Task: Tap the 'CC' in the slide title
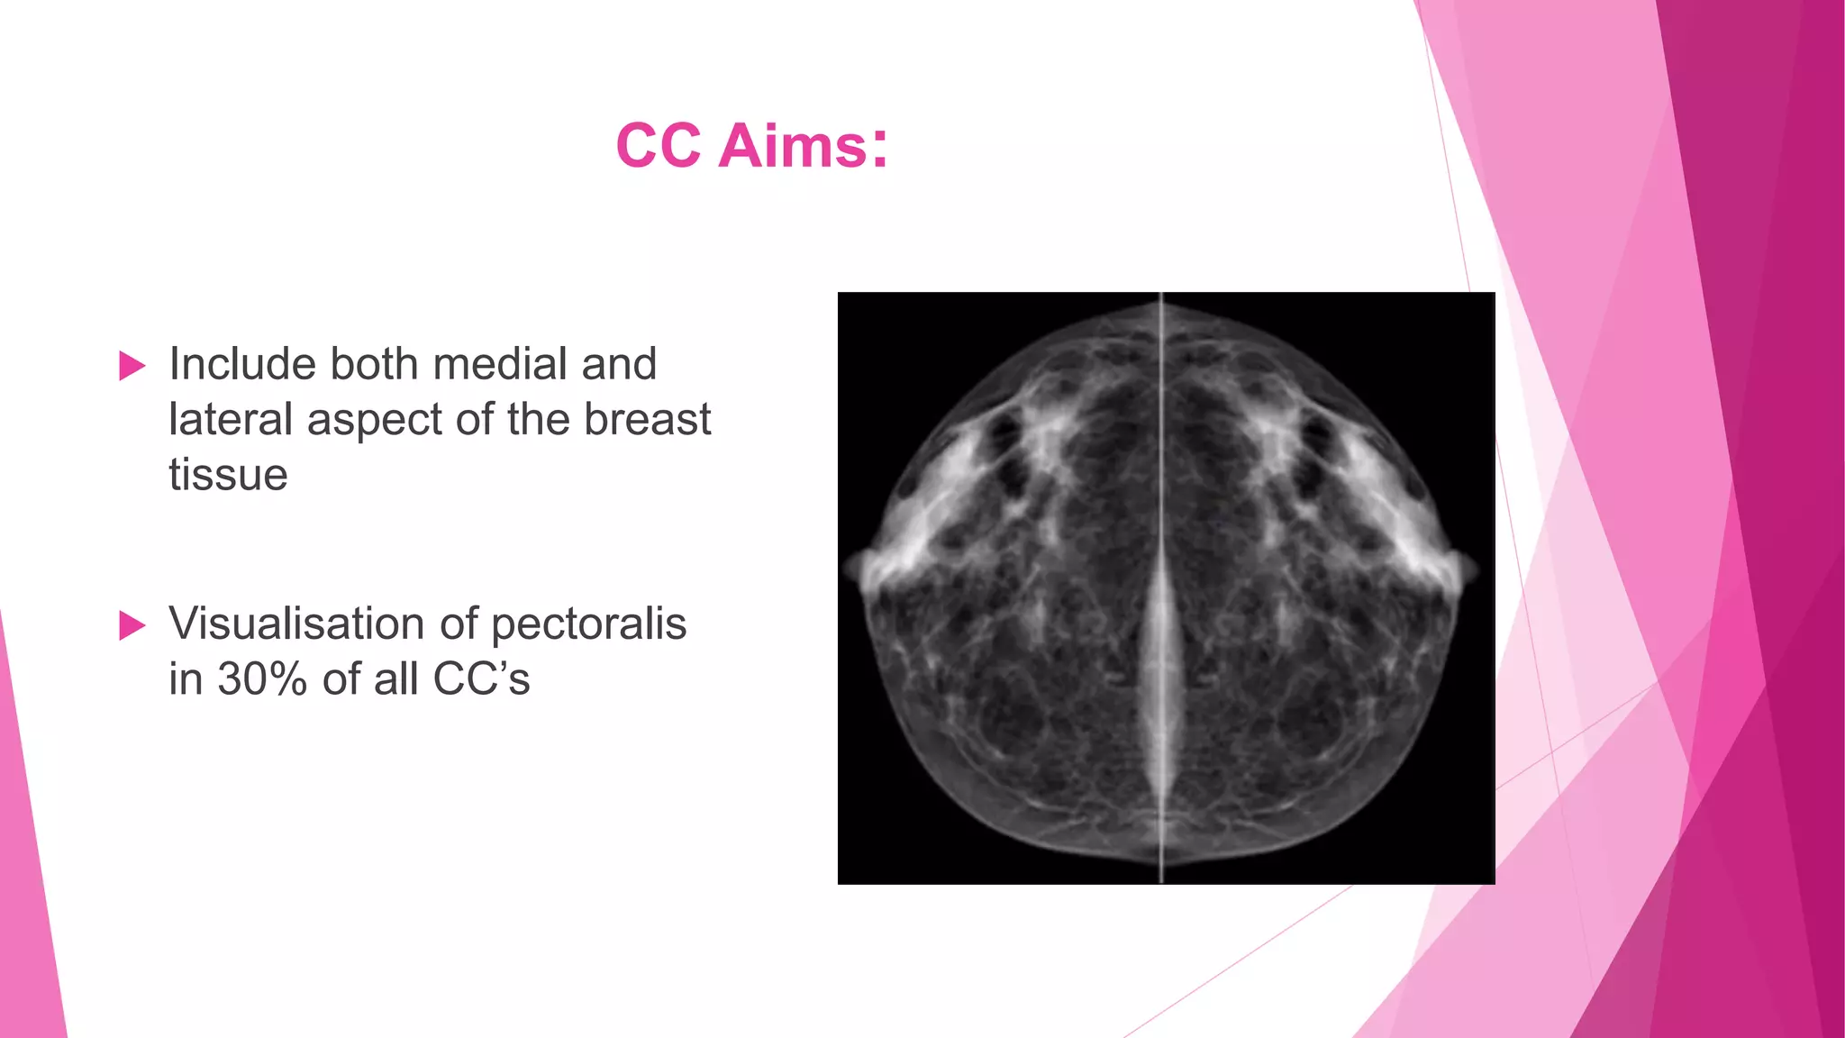tap(659, 146)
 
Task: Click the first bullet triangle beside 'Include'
tap(132, 366)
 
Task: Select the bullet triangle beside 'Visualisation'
tap(132, 625)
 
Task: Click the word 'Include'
tap(242, 364)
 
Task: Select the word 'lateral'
tap(230, 420)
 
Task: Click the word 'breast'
tap(648, 420)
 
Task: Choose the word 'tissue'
tap(228, 475)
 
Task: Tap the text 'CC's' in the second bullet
tap(481, 679)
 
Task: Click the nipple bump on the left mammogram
tap(851, 570)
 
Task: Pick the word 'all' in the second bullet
tap(395, 679)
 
